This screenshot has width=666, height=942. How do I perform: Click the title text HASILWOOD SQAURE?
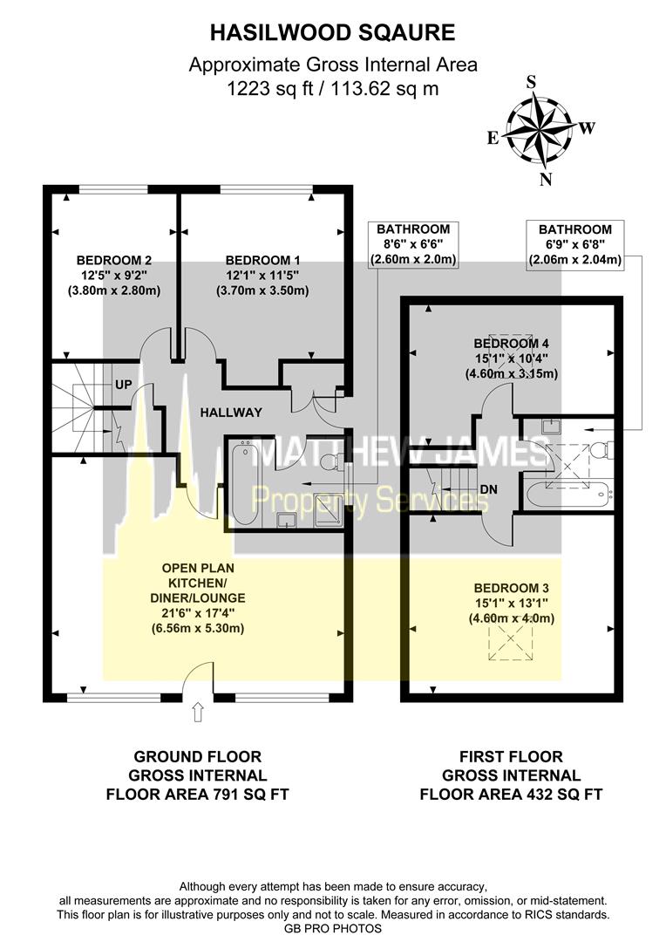coord(333,33)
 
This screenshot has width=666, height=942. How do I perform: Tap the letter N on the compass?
coord(547,181)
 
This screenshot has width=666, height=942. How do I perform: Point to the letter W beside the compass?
coord(587,128)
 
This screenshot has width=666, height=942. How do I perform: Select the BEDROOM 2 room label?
coord(114,260)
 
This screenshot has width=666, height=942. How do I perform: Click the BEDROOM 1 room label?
coord(262,260)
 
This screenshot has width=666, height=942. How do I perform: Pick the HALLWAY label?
coord(230,413)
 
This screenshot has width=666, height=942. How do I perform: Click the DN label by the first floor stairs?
coord(488,489)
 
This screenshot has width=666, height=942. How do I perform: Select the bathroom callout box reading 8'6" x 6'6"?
coord(413,244)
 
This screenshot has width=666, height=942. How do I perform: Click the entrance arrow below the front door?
coord(197,713)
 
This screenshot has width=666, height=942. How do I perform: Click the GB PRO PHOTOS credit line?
coord(333,928)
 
